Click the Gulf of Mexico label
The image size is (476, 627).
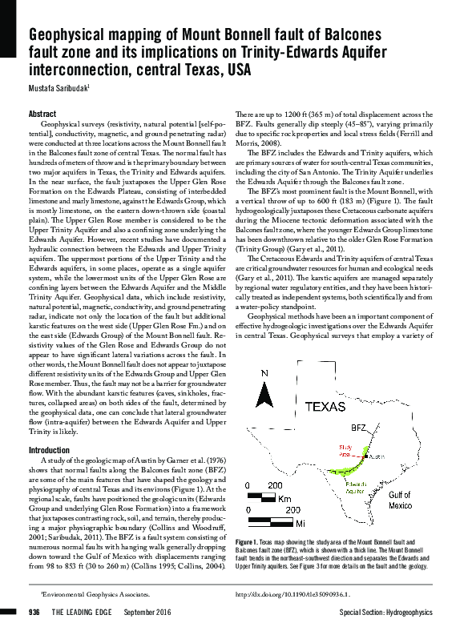pos(401,500)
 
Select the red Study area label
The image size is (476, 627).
pos(346,449)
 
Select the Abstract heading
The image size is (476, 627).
pos(42,115)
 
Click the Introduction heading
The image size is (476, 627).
pos(49,450)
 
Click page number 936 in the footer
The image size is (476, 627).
pos(34,613)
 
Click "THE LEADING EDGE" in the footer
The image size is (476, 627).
pos(84,613)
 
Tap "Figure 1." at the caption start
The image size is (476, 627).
pos(250,543)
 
